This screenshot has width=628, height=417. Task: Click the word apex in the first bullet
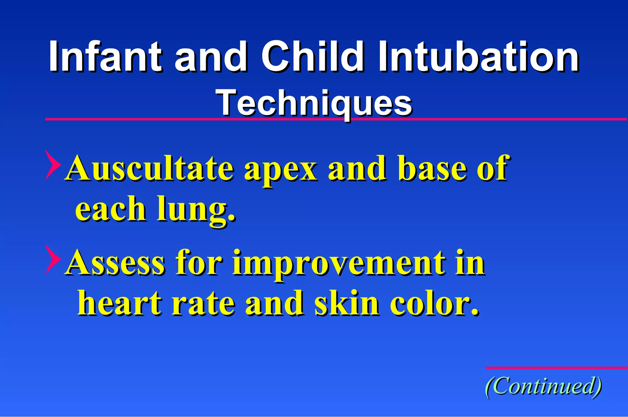tap(280, 170)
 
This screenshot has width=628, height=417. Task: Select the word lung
tap(196, 210)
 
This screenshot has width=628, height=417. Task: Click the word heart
tap(120, 304)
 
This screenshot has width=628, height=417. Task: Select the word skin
tap(347, 304)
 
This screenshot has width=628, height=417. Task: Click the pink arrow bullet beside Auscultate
tap(52, 165)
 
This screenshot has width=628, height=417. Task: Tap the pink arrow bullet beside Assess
tap(52, 259)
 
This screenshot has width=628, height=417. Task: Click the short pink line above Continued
tap(556, 368)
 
